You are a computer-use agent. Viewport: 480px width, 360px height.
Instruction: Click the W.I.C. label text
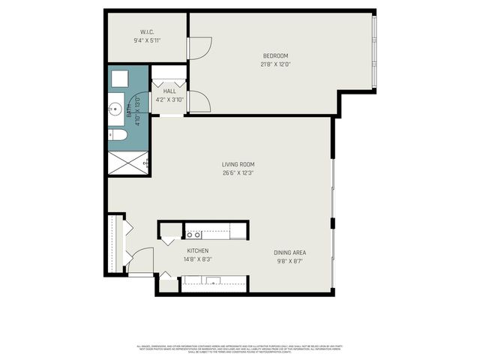147,32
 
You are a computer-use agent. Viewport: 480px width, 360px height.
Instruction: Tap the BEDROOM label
275,56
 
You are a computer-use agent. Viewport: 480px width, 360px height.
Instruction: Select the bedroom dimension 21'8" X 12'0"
275,64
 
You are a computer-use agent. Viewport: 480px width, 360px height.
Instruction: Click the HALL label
169,91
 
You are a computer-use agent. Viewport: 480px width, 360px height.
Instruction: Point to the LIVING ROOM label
238,164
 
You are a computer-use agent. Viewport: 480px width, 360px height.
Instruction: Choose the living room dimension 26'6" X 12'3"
238,173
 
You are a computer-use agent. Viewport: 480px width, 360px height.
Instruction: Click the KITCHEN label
198,251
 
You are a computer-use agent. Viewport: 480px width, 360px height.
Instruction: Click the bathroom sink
115,110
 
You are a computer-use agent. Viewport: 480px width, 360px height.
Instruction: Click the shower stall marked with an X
127,163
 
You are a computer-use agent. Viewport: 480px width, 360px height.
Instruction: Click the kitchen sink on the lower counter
214,282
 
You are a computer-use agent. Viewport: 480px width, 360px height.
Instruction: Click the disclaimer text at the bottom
240,349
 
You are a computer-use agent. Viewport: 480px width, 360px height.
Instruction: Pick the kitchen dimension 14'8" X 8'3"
198,260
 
